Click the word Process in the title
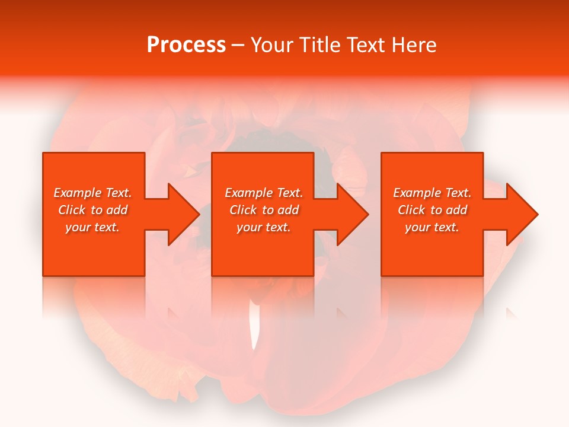186,45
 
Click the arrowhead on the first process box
184,214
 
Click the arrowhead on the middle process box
353,214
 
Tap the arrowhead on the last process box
522,214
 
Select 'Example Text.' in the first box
92,193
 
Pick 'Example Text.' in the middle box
264,193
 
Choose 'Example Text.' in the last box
432,193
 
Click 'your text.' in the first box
92,227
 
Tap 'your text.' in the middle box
264,227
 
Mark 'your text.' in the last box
432,227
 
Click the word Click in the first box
72,210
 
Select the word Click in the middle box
243,210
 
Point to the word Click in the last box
411,210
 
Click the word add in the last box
457,210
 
